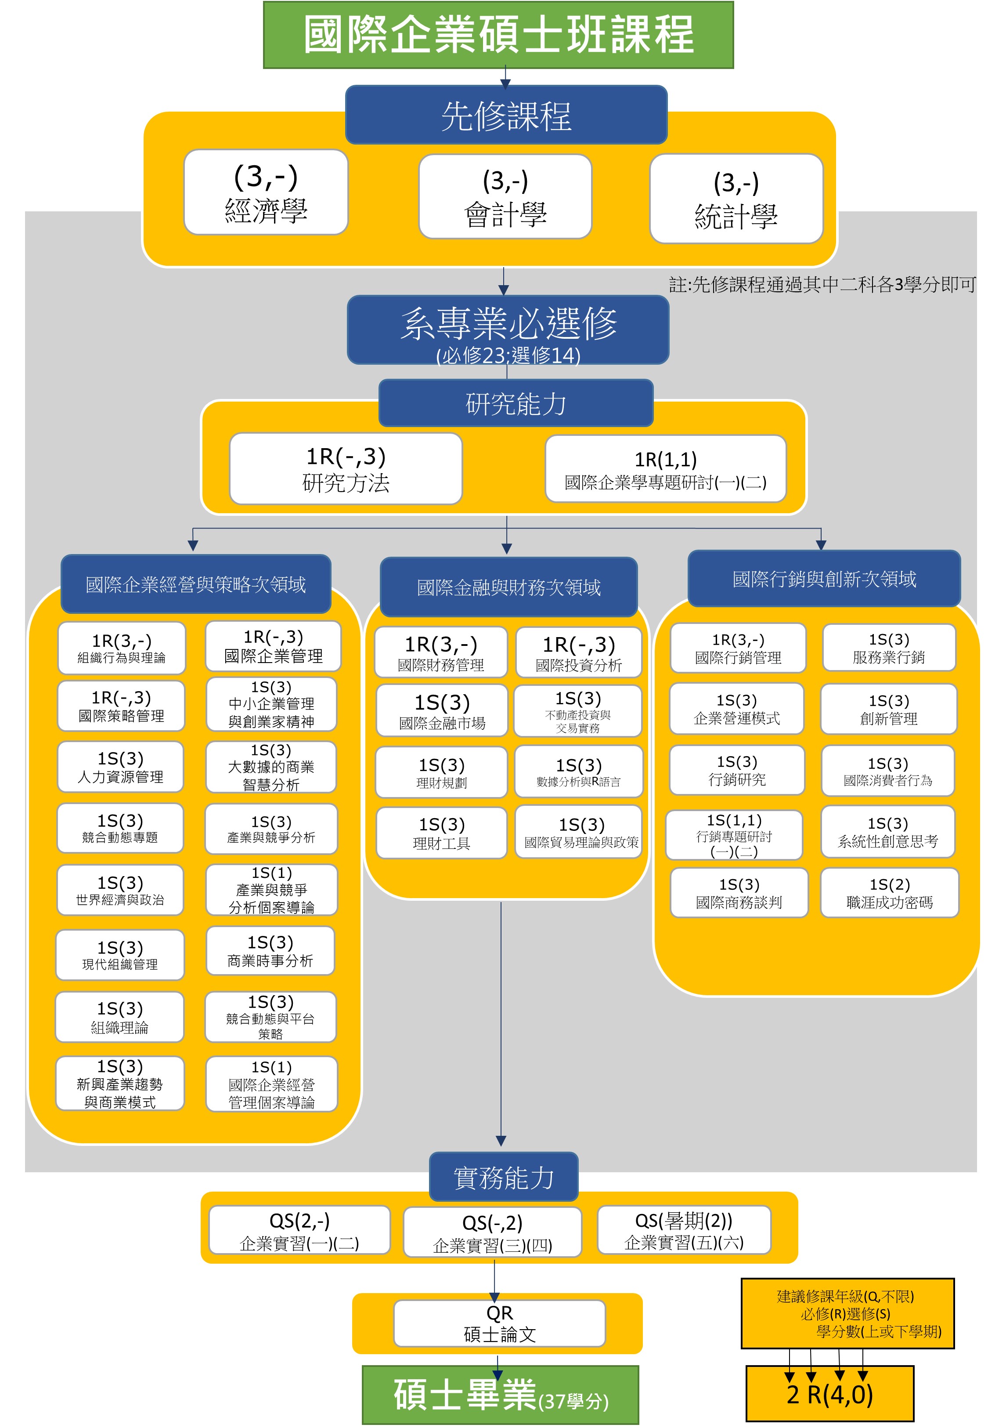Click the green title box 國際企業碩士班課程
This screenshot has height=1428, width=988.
498,35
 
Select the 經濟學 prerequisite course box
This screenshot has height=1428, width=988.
266,192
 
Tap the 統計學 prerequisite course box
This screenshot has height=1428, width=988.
736,198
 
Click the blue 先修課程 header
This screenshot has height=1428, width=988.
506,115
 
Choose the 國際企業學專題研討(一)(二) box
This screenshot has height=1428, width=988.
666,469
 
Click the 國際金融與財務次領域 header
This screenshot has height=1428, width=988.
509,587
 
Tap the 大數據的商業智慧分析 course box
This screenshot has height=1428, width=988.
271,767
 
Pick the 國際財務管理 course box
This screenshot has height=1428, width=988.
441,652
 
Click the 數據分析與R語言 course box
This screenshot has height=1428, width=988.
579,772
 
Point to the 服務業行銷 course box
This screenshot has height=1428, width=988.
889,648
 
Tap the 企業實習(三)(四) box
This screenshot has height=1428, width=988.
493,1232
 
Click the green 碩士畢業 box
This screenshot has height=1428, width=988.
500,1395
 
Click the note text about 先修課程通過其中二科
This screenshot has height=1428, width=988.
822,284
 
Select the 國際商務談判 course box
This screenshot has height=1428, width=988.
739,892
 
